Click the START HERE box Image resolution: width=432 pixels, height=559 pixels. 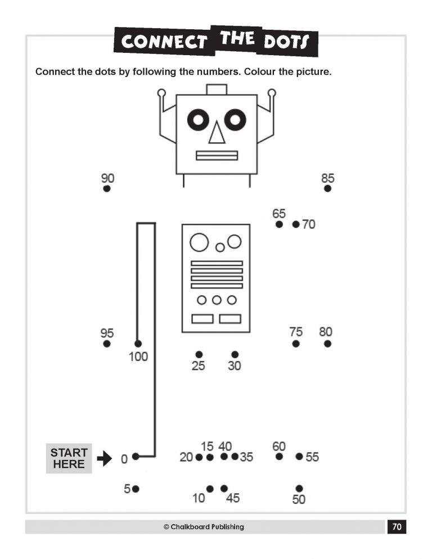point(69,458)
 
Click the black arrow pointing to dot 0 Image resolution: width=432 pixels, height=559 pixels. point(105,459)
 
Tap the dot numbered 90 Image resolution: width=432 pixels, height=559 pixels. point(107,189)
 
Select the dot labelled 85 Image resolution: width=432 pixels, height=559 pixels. point(327,189)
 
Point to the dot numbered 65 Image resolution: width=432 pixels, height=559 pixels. point(279,224)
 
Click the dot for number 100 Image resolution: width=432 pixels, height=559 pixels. point(138,344)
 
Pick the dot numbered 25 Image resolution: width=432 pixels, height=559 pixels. point(199,354)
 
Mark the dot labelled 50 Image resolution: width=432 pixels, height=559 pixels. point(299,488)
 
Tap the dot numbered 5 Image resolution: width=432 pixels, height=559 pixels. point(136,489)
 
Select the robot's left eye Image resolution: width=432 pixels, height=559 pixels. point(197,119)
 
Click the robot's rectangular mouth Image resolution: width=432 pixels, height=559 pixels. point(217,155)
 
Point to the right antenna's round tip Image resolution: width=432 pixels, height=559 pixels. point(272,93)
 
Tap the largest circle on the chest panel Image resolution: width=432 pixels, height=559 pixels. point(199,242)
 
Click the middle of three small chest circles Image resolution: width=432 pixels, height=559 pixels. point(217,300)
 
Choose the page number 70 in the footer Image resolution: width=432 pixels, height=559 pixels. point(397,527)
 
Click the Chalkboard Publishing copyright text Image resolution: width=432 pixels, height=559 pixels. point(204,527)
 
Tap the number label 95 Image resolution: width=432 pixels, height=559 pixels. point(107,333)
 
